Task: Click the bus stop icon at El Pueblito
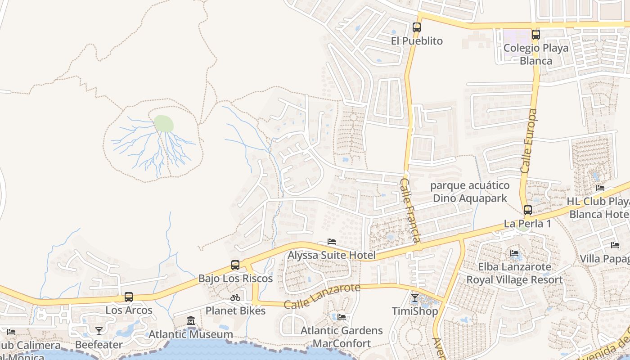point(416,27)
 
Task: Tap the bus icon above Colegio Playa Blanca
point(535,34)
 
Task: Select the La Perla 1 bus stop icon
point(527,210)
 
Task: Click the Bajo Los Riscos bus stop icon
point(235,265)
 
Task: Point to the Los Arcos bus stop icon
point(129,297)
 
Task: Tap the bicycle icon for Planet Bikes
point(235,297)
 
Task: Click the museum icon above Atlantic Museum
point(191,321)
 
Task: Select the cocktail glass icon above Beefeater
point(99,331)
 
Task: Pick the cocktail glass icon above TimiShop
point(415,298)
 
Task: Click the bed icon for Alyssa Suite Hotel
point(332,242)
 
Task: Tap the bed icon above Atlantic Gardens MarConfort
point(342,317)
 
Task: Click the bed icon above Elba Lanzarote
point(514,253)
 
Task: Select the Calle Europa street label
point(529,140)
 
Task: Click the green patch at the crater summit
point(163,123)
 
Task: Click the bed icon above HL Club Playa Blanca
point(600,188)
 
